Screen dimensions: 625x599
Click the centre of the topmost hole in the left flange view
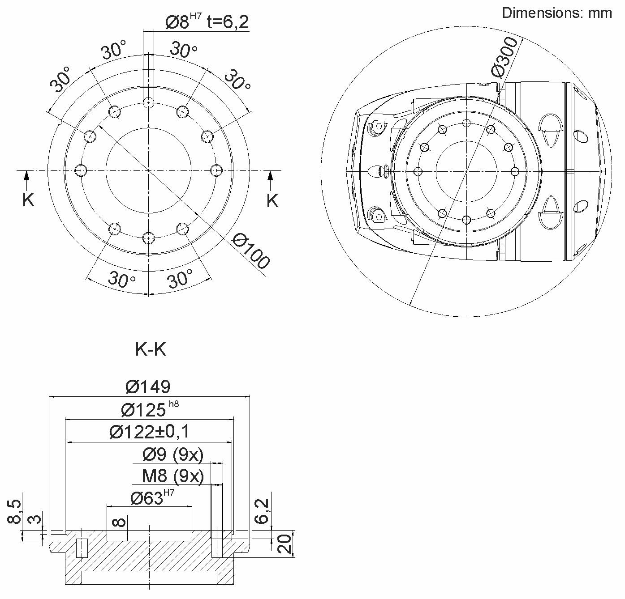pos(148,102)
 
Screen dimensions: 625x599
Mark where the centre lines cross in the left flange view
pos(148,170)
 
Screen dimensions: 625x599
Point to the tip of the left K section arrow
pos(26,171)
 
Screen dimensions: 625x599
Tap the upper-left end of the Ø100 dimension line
pos(98,126)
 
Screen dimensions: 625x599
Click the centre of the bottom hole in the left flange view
pos(148,238)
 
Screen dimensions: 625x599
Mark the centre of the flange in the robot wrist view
pos(466,171)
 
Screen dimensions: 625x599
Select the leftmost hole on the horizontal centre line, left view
pos(81,170)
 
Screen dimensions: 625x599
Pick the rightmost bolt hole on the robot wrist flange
pos(515,171)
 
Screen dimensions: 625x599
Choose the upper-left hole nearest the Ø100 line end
pos(90,136)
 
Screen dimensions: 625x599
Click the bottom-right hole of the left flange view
pos(182,229)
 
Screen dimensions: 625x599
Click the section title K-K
pos(151,349)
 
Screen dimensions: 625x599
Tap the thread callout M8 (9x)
pos(173,476)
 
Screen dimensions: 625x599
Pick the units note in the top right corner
pos(557,13)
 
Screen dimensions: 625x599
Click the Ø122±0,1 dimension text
pos(150,432)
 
